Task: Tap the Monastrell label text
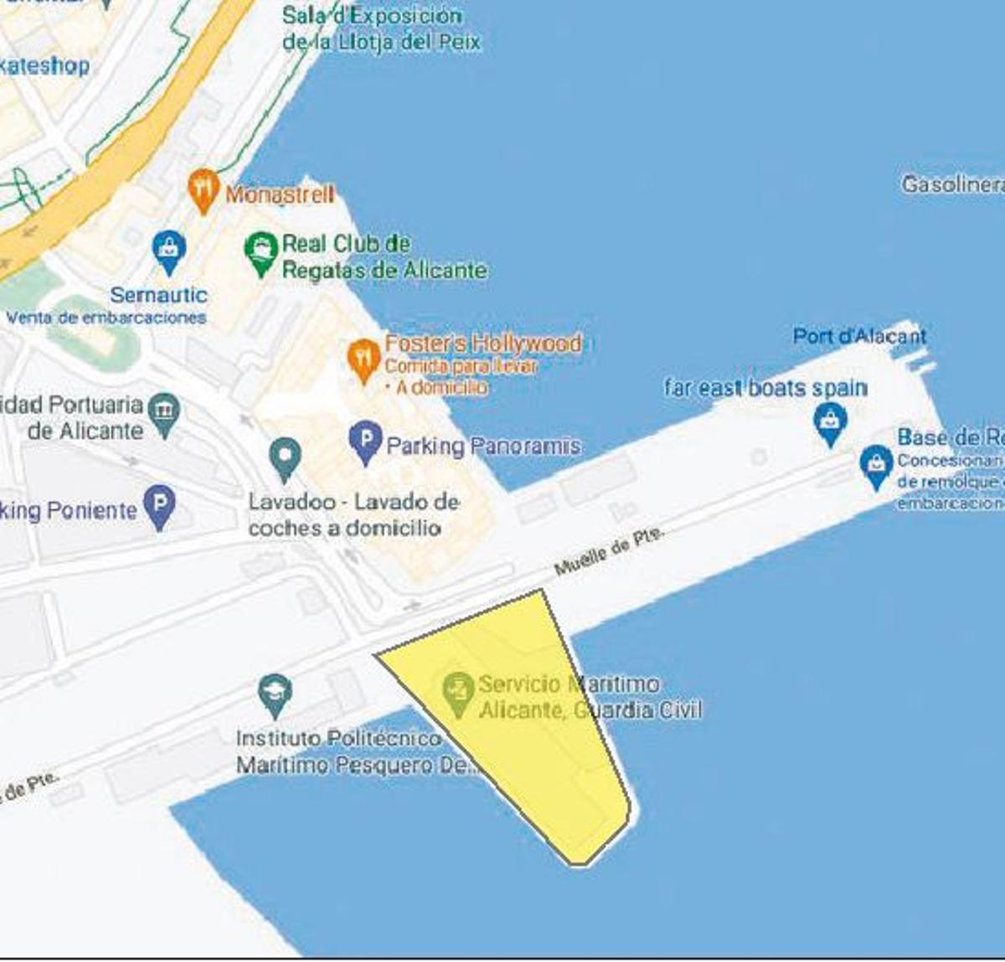coord(280,194)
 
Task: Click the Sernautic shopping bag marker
coord(169,250)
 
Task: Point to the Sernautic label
coord(158,295)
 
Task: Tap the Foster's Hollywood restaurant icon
coord(363,359)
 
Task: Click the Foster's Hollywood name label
coord(482,344)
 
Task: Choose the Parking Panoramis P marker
coord(365,440)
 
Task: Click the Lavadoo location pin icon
coord(285,458)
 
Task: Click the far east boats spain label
coord(765,388)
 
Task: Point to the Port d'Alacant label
coord(859,336)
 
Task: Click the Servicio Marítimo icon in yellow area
coord(457,691)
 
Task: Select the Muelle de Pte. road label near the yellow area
coord(609,551)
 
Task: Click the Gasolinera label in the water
coord(953,184)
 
